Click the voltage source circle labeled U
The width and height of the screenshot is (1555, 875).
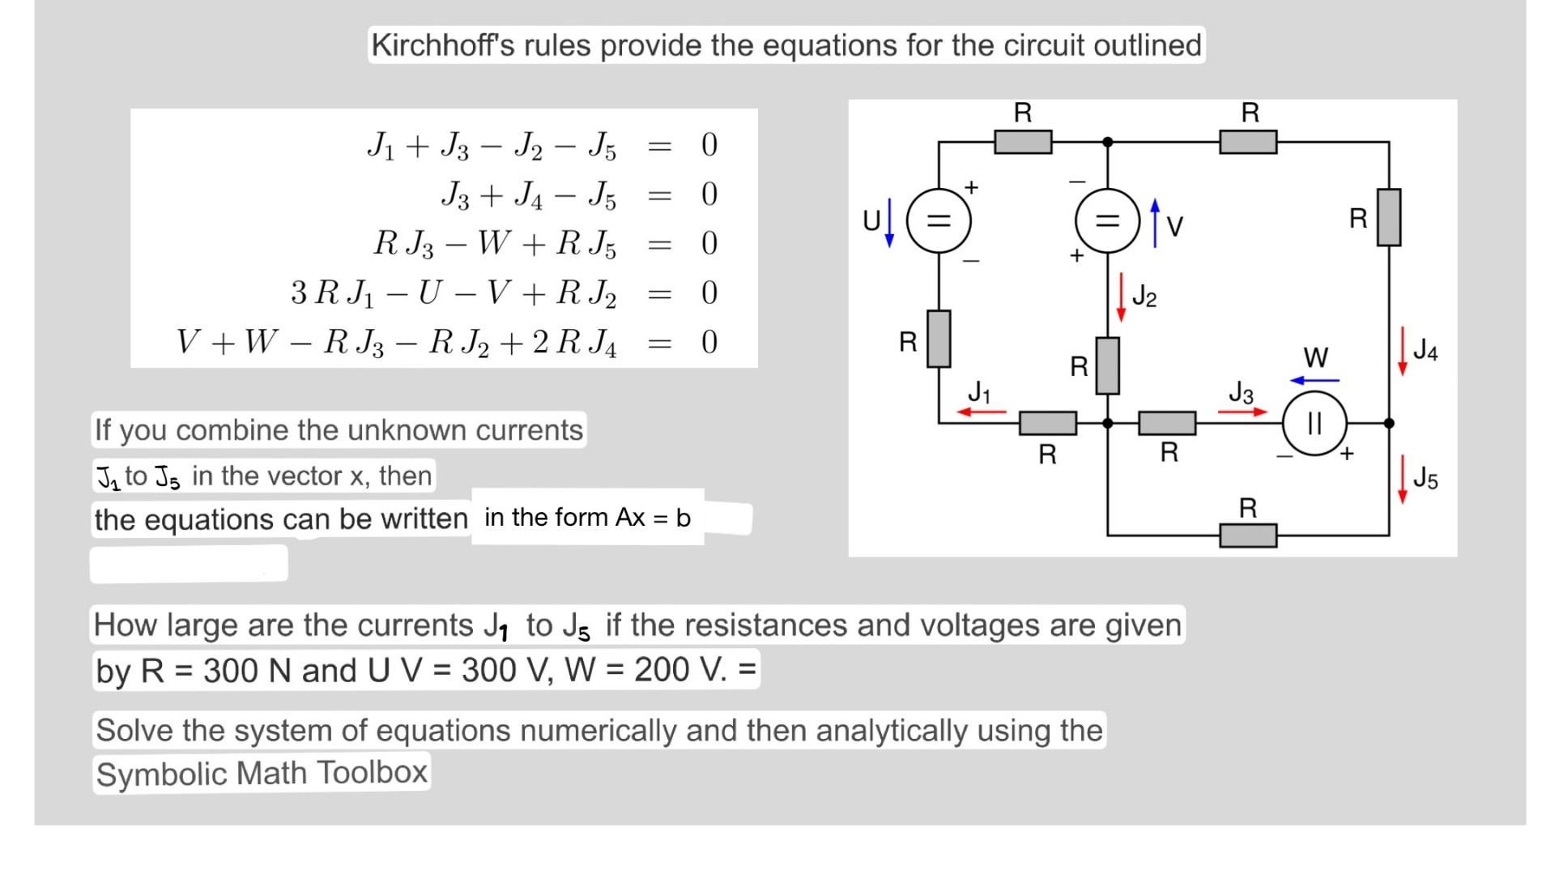click(x=938, y=220)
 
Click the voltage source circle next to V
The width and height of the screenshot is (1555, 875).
click(x=1107, y=220)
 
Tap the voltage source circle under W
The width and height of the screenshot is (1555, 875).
click(x=1314, y=423)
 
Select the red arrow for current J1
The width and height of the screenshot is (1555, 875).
click(x=981, y=412)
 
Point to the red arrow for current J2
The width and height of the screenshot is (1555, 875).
click(x=1121, y=297)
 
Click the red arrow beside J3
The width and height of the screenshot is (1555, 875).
click(x=1242, y=412)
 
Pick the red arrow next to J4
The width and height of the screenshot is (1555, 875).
click(x=1402, y=351)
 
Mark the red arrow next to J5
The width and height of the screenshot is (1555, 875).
click(x=1402, y=479)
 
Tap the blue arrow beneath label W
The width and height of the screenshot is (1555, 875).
click(x=1314, y=380)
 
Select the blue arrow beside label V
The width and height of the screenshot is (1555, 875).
click(x=1155, y=223)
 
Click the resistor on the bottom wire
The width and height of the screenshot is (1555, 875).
click(x=1248, y=536)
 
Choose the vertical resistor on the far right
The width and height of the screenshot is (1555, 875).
click(x=1388, y=217)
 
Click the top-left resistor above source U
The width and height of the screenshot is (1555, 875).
click(x=1023, y=142)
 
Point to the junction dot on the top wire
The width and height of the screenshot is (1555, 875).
click(x=1108, y=142)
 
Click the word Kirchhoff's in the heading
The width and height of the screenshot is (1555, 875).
click(x=442, y=45)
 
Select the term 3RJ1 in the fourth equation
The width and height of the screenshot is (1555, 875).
click(x=332, y=293)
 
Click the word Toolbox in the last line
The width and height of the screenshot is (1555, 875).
click(x=372, y=772)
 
